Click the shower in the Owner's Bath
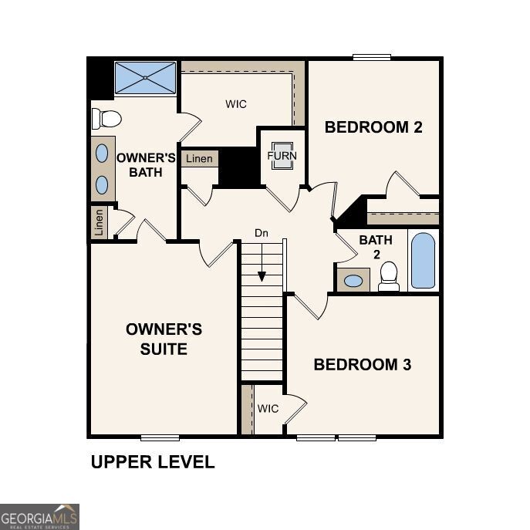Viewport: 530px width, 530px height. (x=146, y=78)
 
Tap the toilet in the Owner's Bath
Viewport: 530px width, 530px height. (x=106, y=119)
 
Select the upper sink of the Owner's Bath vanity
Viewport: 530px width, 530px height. (x=102, y=153)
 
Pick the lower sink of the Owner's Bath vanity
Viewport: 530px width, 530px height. (x=102, y=184)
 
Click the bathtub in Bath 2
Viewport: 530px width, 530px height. (x=423, y=261)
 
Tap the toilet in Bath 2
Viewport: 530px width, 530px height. (x=389, y=275)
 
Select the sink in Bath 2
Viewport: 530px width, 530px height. (x=353, y=280)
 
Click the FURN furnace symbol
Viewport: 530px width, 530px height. (x=282, y=155)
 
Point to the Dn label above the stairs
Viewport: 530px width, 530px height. (x=262, y=233)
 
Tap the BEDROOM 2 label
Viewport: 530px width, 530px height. (x=373, y=127)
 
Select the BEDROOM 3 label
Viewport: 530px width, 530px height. (x=362, y=365)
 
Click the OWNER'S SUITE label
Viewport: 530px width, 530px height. (x=164, y=339)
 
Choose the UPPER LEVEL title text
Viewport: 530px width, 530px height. (x=153, y=462)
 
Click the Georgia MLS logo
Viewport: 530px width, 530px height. (x=39, y=516)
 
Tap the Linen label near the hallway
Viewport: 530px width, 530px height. (x=199, y=159)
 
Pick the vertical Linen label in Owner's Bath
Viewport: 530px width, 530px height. (x=99, y=223)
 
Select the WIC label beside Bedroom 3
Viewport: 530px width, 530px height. (x=268, y=408)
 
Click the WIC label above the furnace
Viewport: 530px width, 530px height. (x=236, y=104)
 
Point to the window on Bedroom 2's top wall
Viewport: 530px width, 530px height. (x=372, y=56)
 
